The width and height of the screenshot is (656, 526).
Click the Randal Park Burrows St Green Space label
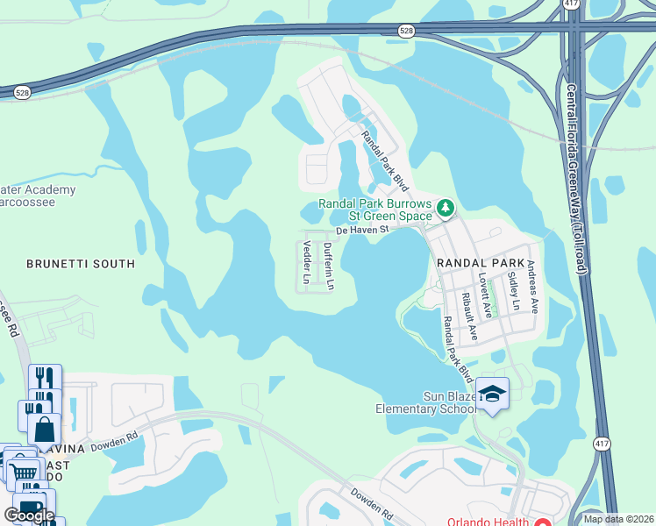375,209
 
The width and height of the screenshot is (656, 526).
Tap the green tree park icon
446,208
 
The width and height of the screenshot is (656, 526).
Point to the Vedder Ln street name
306,262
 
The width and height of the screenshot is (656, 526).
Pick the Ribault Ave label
472,320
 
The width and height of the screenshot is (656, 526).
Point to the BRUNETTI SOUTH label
81,263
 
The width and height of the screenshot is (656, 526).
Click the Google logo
29,515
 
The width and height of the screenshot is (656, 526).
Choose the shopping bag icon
44,430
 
